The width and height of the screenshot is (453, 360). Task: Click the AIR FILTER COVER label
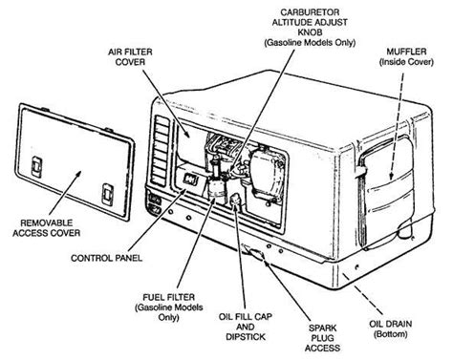tap(130, 56)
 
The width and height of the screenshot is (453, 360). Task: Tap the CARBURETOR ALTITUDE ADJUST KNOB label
tap(310, 23)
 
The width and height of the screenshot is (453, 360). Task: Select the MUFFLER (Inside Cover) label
tap(406, 56)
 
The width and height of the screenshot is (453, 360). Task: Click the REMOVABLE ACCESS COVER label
tap(46, 228)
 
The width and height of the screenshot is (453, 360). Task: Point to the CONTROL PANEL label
tap(106, 258)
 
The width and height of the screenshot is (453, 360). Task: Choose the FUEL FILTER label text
tap(168, 297)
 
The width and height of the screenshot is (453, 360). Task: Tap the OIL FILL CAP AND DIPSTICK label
tap(246, 327)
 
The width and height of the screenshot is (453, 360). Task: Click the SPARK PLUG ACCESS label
tap(322, 338)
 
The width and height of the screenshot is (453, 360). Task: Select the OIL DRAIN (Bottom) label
tap(390, 328)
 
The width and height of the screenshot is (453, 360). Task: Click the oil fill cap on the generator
tap(235, 201)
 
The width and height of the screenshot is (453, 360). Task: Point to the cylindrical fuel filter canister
tap(216, 188)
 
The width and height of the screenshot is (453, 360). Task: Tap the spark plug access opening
tap(254, 251)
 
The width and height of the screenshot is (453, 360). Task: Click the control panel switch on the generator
tap(191, 181)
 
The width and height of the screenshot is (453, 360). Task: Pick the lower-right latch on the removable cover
tap(108, 194)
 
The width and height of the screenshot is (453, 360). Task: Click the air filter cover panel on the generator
tap(190, 142)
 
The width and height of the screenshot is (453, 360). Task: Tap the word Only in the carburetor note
tap(344, 43)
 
